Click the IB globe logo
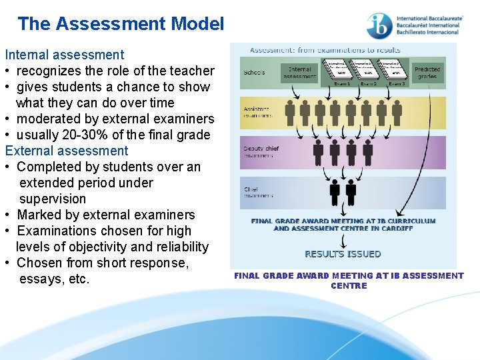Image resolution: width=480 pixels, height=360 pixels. (379, 26)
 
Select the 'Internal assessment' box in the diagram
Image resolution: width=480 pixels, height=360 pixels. (299, 73)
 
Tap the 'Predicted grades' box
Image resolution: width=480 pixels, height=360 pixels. (427, 73)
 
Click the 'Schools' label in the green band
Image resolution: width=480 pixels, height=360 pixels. (254, 73)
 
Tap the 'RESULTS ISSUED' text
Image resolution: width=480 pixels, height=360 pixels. (343, 254)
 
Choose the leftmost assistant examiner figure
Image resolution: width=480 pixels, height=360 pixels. (289, 111)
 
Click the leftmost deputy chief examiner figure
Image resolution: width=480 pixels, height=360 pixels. (319, 151)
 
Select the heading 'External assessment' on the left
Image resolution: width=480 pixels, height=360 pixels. (67, 151)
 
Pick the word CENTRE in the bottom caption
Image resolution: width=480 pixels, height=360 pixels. (349, 286)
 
